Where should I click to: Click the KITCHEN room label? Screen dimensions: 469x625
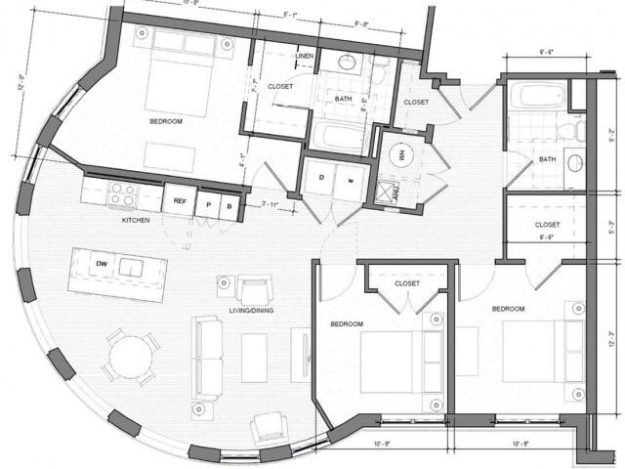pyautogui.click(x=135, y=221)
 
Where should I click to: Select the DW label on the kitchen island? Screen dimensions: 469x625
pyautogui.click(x=101, y=264)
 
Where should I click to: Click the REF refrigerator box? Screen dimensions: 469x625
pyautogui.click(x=180, y=201)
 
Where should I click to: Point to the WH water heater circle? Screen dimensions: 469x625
pyautogui.click(x=399, y=153)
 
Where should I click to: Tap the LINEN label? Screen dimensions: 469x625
pyautogui.click(x=304, y=57)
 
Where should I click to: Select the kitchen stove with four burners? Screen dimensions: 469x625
pyautogui.click(x=123, y=193)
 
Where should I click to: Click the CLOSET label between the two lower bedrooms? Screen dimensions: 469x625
pyautogui.click(x=406, y=283)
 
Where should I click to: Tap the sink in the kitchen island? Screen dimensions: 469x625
pyautogui.click(x=130, y=266)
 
